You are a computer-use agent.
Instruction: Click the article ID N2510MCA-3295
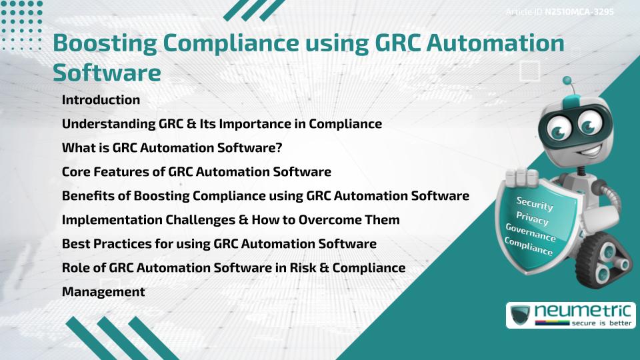578,12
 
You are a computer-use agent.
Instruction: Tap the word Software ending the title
107,72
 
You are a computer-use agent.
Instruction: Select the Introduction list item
101,100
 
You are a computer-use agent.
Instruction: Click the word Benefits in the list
88,195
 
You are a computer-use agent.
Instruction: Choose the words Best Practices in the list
107,243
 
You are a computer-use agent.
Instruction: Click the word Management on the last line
103,291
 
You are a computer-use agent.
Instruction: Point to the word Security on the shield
535,204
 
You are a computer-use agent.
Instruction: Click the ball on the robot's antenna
567,81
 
